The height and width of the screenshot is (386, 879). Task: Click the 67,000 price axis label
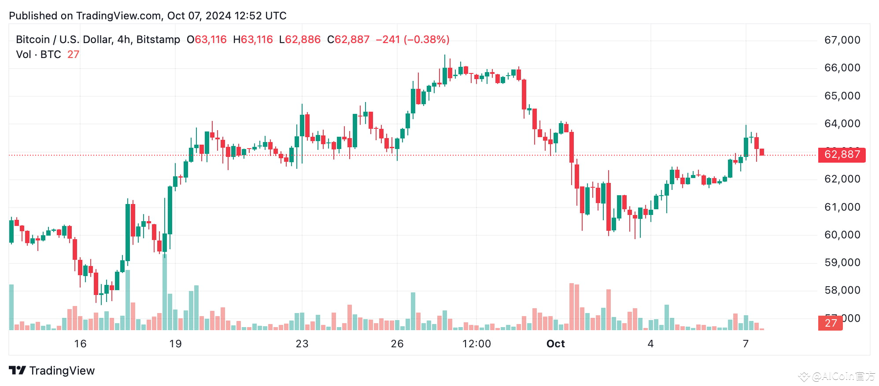pos(842,40)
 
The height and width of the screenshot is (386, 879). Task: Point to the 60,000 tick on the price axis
pos(842,235)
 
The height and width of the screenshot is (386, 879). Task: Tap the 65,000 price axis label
pos(842,96)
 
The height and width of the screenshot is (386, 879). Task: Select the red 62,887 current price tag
pos(841,155)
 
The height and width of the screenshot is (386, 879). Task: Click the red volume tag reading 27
pos(830,323)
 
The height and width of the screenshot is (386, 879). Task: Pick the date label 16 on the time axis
pos(80,344)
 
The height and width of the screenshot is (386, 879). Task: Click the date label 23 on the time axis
pos(302,344)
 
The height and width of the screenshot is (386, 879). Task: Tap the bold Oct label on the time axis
pos(555,344)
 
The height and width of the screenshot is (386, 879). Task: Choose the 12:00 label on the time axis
pos(476,344)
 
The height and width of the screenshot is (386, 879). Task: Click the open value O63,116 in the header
pos(207,40)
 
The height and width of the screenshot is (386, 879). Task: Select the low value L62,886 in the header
pos(299,40)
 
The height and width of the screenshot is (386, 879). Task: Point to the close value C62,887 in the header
pos(348,40)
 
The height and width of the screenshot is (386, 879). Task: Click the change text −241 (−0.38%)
pos(412,40)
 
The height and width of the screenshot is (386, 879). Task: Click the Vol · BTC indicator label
pos(38,55)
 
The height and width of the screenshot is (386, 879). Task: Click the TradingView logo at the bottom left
pos(52,371)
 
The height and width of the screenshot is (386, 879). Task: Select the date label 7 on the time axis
pos(746,344)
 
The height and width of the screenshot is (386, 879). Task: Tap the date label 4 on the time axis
pos(650,344)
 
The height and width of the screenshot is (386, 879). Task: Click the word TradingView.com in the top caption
pos(118,16)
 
